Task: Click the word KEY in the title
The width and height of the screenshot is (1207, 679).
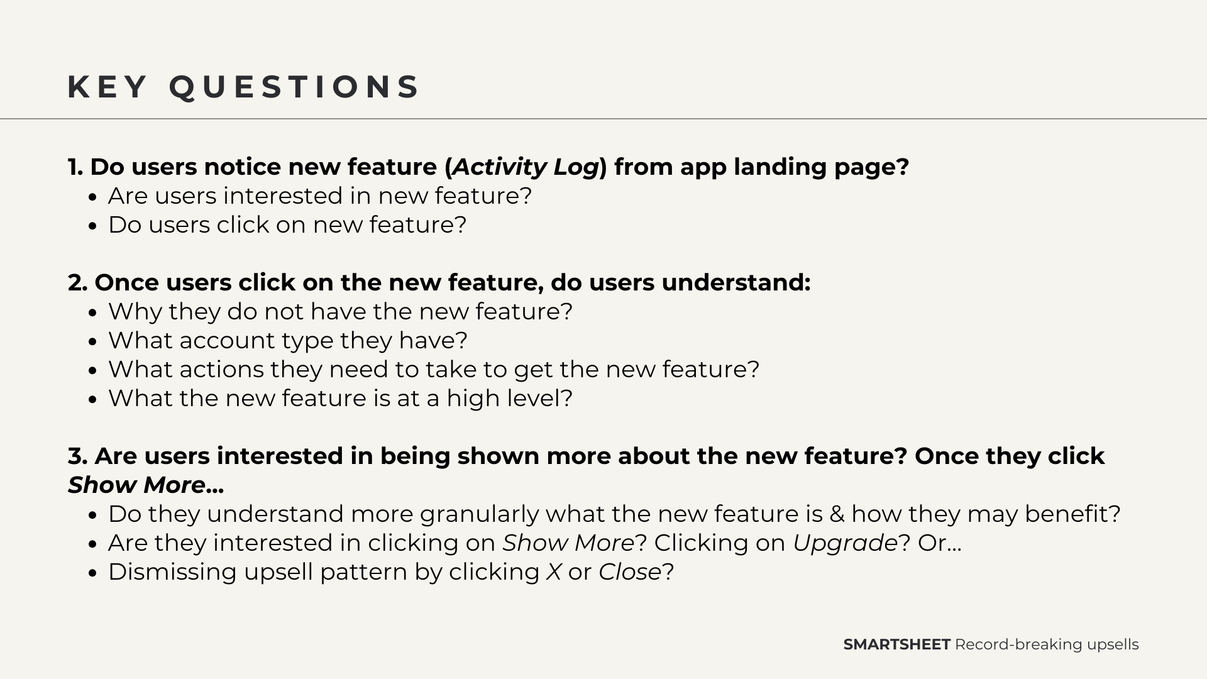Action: click(107, 87)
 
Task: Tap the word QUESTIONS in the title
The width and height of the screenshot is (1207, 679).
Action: click(294, 87)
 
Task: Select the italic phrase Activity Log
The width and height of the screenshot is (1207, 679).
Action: click(526, 167)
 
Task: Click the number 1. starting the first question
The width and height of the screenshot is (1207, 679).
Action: click(76, 167)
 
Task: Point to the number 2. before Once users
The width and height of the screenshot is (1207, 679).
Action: click(78, 283)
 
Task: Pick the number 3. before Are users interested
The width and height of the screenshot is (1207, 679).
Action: click(78, 456)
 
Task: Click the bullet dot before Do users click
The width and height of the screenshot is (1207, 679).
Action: click(93, 226)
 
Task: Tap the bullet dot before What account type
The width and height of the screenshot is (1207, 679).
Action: click(93, 342)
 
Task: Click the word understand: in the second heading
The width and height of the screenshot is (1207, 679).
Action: click(736, 283)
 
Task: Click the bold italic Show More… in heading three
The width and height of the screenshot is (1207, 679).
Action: click(146, 485)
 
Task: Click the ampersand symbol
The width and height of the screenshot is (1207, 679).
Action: click(837, 514)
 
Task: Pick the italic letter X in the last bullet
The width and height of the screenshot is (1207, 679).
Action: click(554, 572)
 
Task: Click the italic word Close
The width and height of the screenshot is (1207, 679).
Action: click(630, 572)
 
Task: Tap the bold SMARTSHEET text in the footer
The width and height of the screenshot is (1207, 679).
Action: click(896, 644)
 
